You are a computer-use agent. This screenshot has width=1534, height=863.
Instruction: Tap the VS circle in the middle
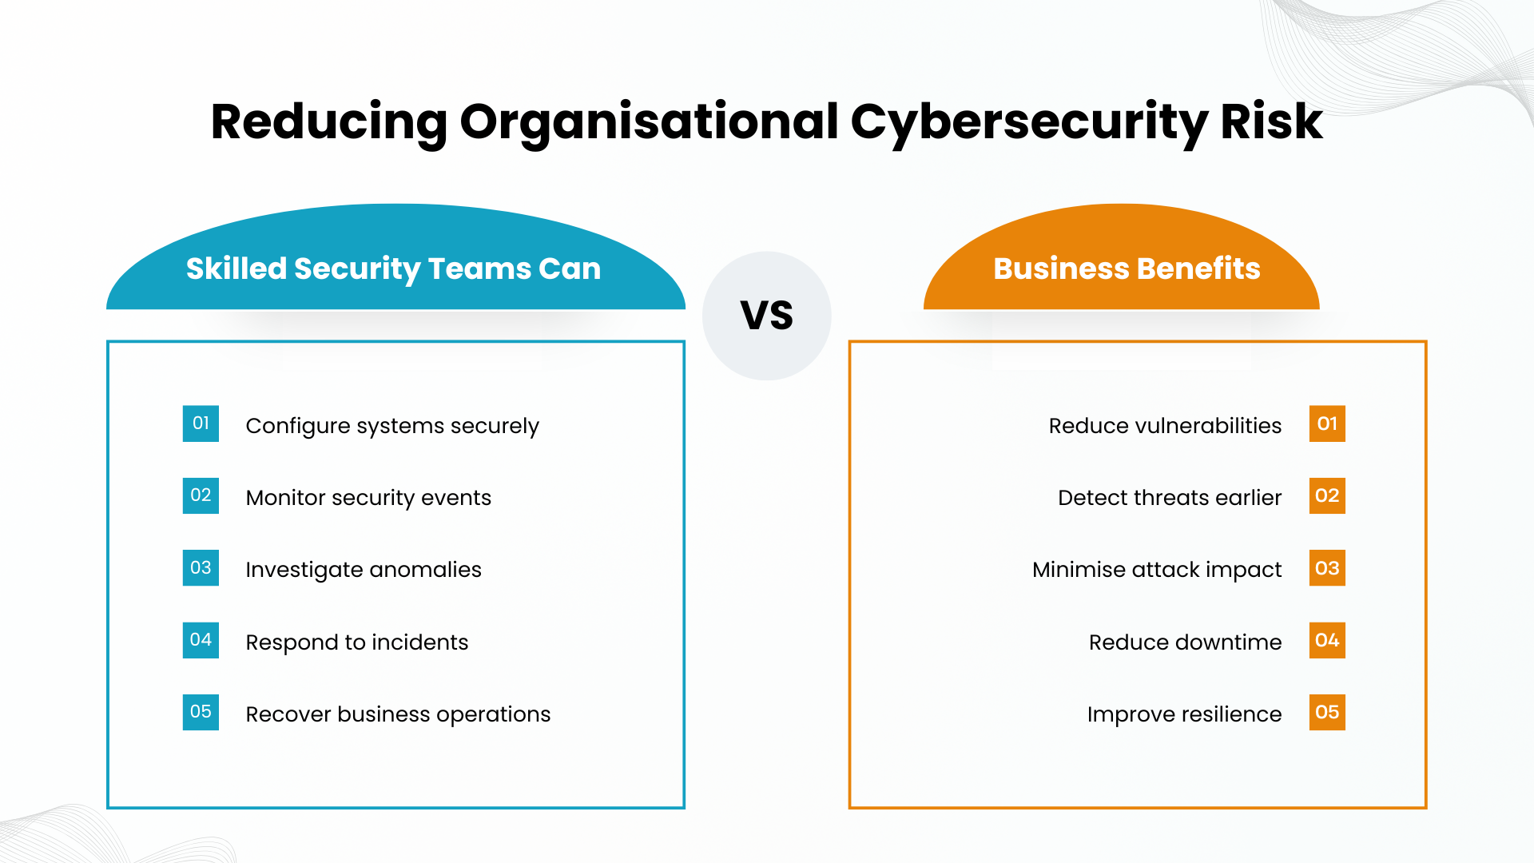[767, 316]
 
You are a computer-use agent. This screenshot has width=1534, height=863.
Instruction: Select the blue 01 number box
[201, 424]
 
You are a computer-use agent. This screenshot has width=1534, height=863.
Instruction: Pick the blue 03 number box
[201, 568]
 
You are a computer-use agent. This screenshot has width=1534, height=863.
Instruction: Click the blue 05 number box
[201, 712]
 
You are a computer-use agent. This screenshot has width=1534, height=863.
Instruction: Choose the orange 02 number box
[1327, 495]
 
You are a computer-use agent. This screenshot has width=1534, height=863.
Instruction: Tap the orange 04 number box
[1327, 640]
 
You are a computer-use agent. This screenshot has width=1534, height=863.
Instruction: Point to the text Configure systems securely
[392, 426]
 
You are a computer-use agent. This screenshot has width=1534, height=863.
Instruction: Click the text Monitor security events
[368, 498]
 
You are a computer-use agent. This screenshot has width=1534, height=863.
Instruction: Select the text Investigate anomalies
[364, 570]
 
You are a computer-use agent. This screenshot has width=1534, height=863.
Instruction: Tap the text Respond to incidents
[357, 642]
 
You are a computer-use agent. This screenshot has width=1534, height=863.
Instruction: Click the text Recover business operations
[398, 714]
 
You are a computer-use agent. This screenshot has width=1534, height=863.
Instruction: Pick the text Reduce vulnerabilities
[1165, 426]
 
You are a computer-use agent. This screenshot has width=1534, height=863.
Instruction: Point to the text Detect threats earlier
[1170, 498]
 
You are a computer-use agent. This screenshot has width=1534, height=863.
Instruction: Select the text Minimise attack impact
[1157, 570]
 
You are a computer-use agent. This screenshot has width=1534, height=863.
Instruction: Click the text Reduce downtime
[1185, 642]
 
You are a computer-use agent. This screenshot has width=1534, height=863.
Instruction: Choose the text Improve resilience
[1184, 714]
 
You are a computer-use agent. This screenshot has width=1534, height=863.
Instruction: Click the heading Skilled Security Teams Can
[393, 269]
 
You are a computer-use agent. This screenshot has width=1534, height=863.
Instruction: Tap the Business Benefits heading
[1127, 268]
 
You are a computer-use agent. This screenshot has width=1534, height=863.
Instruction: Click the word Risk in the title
[1271, 121]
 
